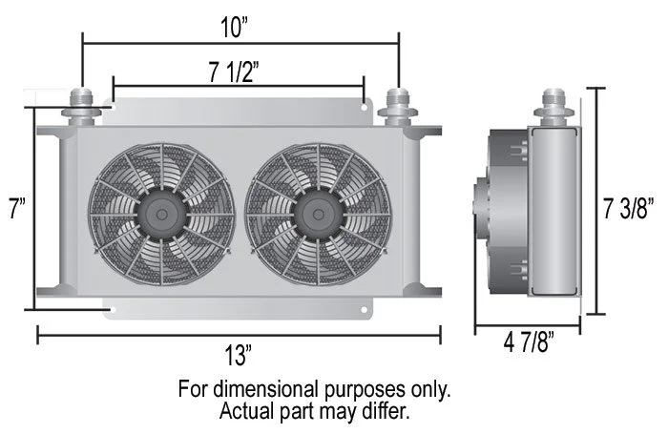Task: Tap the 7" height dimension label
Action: click(x=16, y=209)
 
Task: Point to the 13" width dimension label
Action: click(x=237, y=357)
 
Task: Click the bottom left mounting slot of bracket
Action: click(x=113, y=311)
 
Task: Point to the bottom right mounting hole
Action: click(x=364, y=311)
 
